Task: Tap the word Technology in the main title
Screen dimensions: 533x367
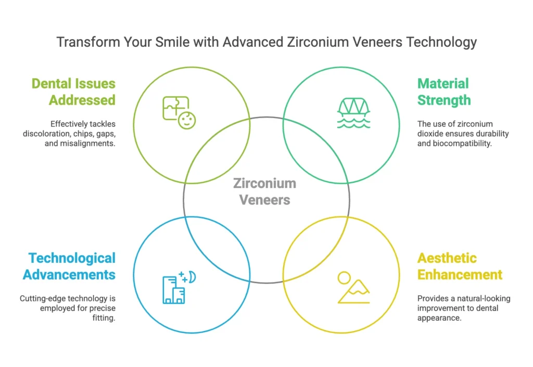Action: pyautogui.click(x=441, y=43)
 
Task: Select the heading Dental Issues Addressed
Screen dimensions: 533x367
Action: pyautogui.click(x=73, y=92)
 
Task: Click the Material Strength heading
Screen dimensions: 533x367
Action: pyautogui.click(x=444, y=92)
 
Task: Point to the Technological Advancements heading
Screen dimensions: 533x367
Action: pyautogui.click(x=69, y=266)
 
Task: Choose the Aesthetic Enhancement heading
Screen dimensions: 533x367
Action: pyautogui.click(x=460, y=266)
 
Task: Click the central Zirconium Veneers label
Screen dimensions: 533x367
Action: pyautogui.click(x=265, y=192)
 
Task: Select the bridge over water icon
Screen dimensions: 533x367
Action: pyautogui.click(x=354, y=113)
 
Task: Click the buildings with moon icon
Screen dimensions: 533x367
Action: pyautogui.click(x=179, y=287)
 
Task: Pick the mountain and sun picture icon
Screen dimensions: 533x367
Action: pyautogui.click(x=354, y=287)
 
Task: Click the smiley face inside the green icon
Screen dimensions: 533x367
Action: pyautogui.click(x=187, y=120)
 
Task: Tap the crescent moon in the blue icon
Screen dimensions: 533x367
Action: pyautogui.click(x=193, y=277)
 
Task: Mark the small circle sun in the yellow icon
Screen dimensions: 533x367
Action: pyautogui.click(x=344, y=277)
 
